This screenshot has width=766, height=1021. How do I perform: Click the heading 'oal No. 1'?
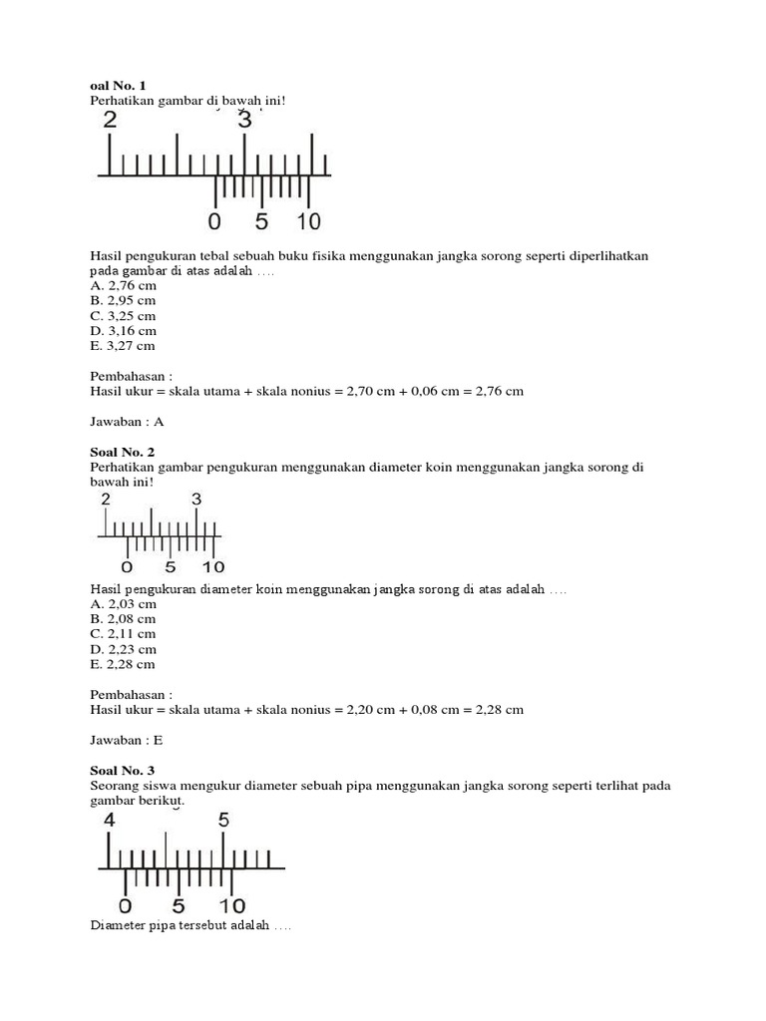[118, 87]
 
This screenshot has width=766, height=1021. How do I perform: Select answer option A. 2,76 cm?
[123, 285]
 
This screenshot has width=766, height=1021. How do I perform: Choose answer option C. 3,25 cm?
[123, 315]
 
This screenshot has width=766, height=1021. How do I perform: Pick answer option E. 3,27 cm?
[123, 346]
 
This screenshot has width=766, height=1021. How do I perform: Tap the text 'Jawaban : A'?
[127, 422]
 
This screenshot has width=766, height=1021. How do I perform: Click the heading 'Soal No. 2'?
[122, 452]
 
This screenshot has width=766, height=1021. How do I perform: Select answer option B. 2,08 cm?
[123, 618]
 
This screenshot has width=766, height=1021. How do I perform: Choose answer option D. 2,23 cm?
[123, 649]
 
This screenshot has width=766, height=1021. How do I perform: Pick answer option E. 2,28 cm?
[123, 664]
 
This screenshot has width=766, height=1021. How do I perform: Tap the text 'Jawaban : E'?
[127, 740]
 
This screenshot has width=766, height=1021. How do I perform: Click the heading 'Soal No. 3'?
[122, 770]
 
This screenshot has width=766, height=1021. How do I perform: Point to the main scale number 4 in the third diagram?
[110, 821]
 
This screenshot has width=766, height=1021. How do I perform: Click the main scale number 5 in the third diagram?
[224, 821]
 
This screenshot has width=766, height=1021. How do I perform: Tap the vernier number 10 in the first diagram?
[307, 221]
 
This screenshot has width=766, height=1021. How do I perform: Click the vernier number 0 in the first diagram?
[214, 221]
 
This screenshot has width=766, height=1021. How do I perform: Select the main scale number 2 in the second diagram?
[106, 500]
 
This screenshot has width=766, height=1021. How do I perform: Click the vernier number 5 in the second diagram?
[170, 568]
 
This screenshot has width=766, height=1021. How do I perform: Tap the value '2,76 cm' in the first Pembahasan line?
[500, 392]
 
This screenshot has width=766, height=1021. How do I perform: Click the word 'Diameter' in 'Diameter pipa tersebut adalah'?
[118, 926]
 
